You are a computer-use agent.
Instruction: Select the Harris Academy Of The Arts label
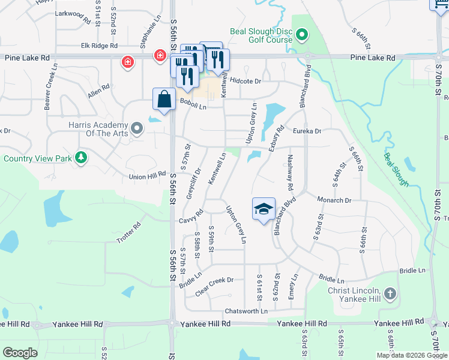[x=98, y=128]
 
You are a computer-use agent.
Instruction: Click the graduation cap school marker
[x=264, y=209]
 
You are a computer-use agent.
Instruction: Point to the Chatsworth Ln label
[x=246, y=311]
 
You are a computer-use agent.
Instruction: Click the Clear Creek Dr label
[x=214, y=280]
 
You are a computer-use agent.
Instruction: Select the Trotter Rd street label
[x=128, y=233]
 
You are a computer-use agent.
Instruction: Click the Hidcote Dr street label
[x=246, y=81]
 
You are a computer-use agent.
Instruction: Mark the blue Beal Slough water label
[x=397, y=169]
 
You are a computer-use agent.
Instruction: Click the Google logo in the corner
[x=20, y=352]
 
